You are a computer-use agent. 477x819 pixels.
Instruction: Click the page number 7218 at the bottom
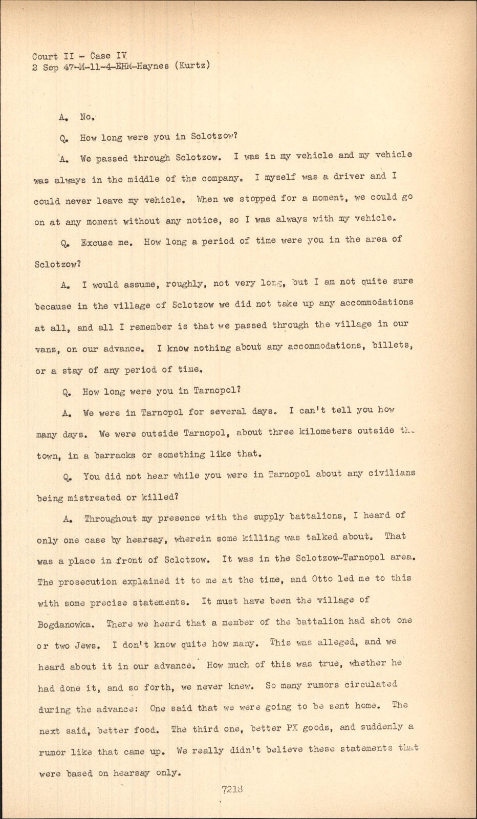[232, 789]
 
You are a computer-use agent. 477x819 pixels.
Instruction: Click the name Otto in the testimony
[322, 579]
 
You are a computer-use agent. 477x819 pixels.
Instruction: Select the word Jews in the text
[85, 645]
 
